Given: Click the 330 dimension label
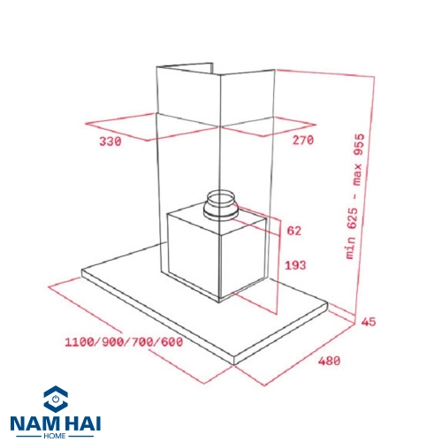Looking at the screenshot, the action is coord(110,141).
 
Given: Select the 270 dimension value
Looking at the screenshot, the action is coord(303,140).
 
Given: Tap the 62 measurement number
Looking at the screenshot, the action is coord(294,231).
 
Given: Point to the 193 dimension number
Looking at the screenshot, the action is coord(295,265).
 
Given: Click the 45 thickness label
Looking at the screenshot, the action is coord(369,322).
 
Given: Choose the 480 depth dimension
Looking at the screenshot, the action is coord(329,361).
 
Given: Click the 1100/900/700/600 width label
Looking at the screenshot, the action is coord(124,342).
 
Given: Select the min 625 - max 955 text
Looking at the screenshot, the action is coord(354,196).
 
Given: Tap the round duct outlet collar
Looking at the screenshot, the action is coord(221,206).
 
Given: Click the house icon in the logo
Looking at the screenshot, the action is coord(56,399).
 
